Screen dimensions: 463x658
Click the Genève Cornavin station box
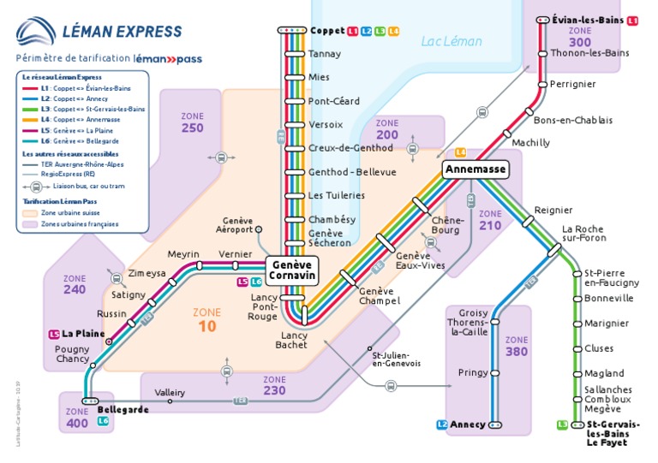[x=292, y=270]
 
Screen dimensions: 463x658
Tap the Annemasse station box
[x=476, y=170]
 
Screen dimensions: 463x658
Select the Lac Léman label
[x=452, y=41]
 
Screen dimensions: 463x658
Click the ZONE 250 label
[x=193, y=122]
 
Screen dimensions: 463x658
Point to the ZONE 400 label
[x=77, y=418]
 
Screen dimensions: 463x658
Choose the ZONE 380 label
[x=517, y=346]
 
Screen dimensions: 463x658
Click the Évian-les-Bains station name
[x=588, y=20]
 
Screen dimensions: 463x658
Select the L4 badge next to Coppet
[x=393, y=31]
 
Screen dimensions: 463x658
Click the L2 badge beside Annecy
[x=442, y=424]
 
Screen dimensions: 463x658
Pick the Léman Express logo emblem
[x=38, y=33]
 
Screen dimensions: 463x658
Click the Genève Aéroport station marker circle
[x=259, y=229]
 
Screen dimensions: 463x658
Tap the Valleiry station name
[x=170, y=392]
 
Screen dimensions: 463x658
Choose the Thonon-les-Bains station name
[x=590, y=53]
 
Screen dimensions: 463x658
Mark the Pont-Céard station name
[x=334, y=101]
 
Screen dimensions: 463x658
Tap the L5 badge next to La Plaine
[x=54, y=334]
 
